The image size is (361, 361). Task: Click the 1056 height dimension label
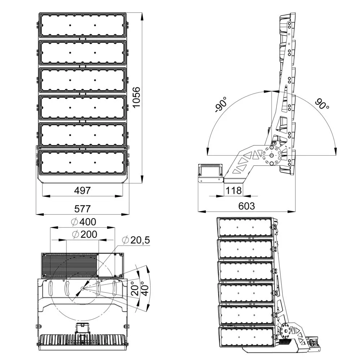pos(137,97)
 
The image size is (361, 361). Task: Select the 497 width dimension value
pos(82,190)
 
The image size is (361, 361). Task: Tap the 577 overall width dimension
pos(82,209)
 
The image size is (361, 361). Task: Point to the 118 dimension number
pos(234,190)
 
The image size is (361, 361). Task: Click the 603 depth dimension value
pos(247,206)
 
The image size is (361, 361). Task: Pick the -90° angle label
pos(221,105)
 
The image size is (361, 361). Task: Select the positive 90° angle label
pos(322,104)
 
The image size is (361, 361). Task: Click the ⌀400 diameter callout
pos(84,222)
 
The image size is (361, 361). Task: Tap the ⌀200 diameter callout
pos(84,234)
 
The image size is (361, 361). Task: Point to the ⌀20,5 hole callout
pos(136,240)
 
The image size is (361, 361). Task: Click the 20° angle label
pos(136,288)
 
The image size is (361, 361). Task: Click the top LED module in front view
pos(82,25)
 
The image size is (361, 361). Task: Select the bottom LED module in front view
pos(82,162)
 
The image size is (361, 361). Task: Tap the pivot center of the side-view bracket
pos(271,155)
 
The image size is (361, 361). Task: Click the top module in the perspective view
pos(245,227)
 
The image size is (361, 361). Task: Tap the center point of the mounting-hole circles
pos(82,288)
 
